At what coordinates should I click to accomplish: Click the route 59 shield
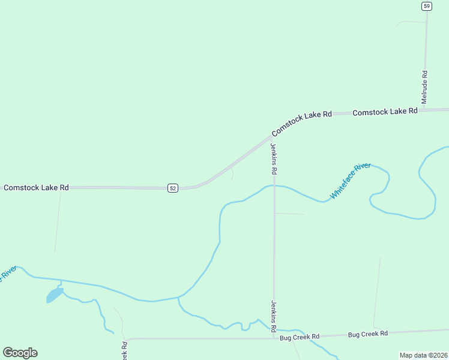click(x=426, y=6)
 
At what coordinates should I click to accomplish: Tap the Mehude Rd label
click(x=424, y=87)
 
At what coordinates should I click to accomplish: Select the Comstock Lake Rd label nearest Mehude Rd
click(x=385, y=112)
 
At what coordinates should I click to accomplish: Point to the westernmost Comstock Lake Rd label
click(x=36, y=188)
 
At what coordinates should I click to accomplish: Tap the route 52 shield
click(x=173, y=188)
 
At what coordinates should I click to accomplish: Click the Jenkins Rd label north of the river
click(x=274, y=158)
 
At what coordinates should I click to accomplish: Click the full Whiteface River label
click(x=351, y=181)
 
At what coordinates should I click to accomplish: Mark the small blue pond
click(x=55, y=295)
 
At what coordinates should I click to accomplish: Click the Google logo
click(x=20, y=353)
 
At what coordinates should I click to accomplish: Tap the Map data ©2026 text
click(x=423, y=355)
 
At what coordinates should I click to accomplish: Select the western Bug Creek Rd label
click(x=300, y=338)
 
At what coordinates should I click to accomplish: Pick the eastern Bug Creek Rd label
click(x=368, y=334)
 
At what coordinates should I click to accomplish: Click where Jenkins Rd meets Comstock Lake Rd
click(x=271, y=137)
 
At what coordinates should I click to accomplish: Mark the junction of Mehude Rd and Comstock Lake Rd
click(x=426, y=110)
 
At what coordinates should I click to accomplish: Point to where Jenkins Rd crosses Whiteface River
click(x=274, y=185)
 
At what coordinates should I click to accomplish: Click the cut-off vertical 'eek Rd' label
click(x=124, y=350)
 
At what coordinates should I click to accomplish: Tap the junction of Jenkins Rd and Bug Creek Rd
click(x=274, y=338)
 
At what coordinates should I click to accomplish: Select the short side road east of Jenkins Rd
click(x=289, y=213)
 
